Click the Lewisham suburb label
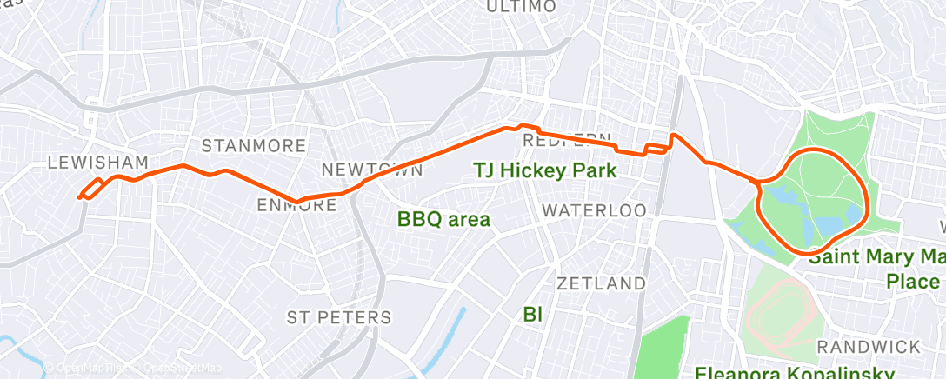tap(97, 163)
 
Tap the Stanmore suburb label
tap(254, 145)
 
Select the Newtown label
tap(372, 169)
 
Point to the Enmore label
tap(297, 205)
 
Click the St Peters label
tap(339, 316)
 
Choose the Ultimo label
tap(520, 7)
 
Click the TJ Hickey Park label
tap(544, 170)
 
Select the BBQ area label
tap(443, 219)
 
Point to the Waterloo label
tap(594, 210)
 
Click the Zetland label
tap(601, 283)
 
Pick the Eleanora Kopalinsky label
tap(795, 372)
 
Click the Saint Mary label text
tap(875, 257)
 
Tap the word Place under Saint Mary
tap(913, 282)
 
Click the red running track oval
tap(780, 312)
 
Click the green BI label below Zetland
tap(533, 314)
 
